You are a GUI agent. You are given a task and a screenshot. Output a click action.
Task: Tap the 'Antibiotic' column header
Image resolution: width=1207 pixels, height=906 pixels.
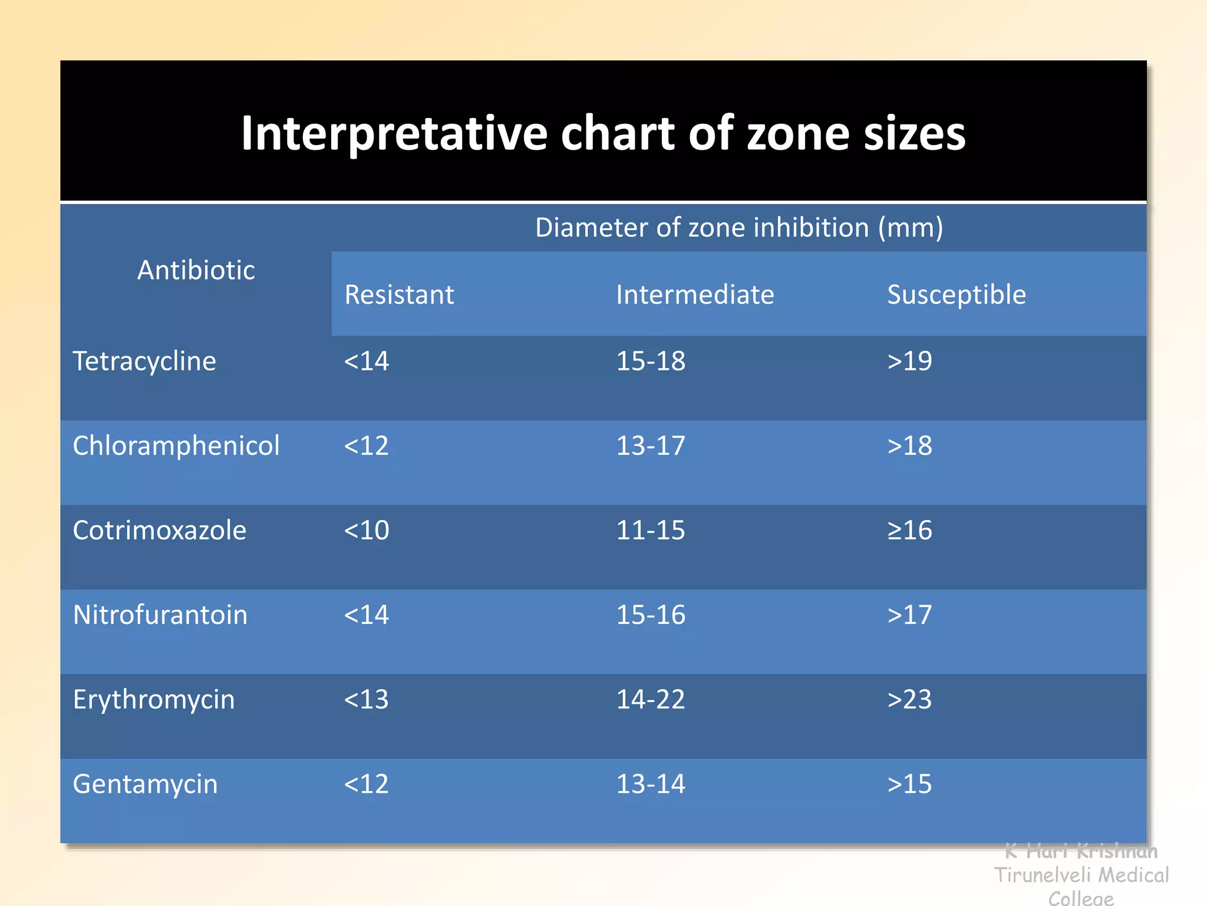pos(196,270)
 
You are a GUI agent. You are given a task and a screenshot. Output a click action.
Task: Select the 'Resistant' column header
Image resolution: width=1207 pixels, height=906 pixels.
pos(399,294)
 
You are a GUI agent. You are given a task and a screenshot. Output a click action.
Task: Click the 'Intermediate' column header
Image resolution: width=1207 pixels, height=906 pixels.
pos(695,294)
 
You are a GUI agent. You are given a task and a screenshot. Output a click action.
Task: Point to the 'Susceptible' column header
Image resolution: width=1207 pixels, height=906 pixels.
pos(957,294)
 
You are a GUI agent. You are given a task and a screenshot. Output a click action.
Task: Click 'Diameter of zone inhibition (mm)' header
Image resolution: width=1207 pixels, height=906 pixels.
pos(739,227)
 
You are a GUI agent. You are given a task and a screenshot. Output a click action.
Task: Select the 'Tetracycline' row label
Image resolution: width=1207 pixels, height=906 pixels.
pos(144,361)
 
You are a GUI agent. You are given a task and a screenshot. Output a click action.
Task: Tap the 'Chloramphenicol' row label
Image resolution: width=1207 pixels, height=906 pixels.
pos(176,445)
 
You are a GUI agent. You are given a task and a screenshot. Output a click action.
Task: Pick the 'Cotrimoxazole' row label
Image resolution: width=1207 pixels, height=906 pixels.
pos(159,530)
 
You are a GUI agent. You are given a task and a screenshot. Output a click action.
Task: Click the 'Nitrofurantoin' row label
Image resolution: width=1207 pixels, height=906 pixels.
pos(160,615)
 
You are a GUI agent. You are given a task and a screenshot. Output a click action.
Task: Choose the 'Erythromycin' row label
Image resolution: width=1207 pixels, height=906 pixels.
pos(154,700)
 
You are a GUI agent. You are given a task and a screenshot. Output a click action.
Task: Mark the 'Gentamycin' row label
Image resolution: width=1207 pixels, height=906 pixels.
pos(145,784)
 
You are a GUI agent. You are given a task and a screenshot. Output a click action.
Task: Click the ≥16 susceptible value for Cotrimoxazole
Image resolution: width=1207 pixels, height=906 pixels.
pos(909,530)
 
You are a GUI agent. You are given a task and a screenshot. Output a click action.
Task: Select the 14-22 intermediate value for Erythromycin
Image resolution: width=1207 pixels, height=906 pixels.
pos(651,700)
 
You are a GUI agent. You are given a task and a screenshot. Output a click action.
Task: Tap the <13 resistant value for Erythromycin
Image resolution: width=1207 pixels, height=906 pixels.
pos(366,700)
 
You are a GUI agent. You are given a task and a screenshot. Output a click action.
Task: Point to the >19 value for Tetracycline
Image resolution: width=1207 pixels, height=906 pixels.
pos(909,361)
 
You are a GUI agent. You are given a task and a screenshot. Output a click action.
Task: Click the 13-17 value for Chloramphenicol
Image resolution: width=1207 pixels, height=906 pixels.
pos(651,445)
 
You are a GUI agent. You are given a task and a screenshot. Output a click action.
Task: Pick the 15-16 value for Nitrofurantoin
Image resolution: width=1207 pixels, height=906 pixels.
pos(651,615)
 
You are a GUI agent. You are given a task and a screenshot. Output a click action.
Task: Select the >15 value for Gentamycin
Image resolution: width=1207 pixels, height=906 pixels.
pos(909,784)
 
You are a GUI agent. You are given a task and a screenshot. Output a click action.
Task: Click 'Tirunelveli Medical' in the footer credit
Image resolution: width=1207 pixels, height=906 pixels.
pos(1081,875)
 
